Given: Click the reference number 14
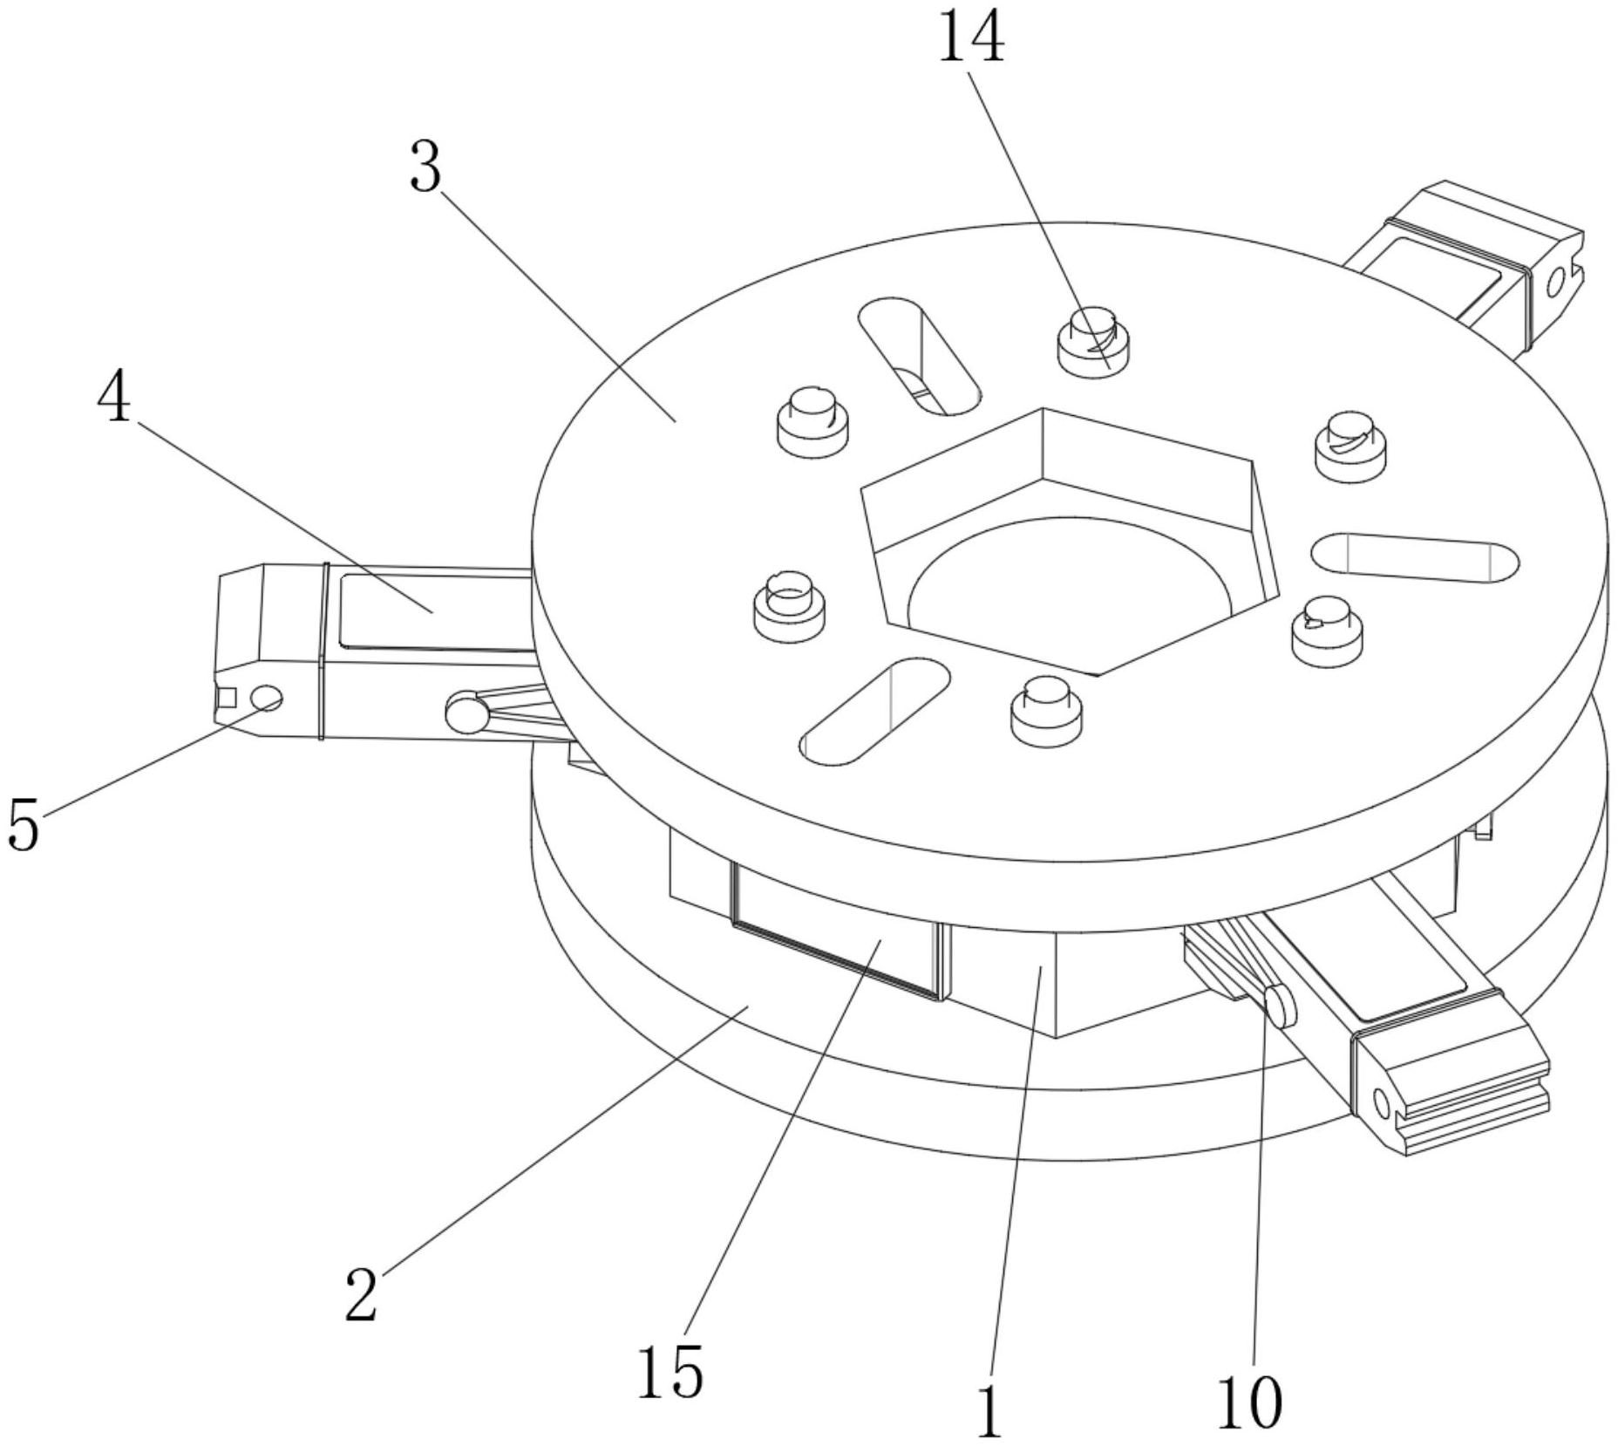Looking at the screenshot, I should coord(970,39).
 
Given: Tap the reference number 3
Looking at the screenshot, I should coord(425,167).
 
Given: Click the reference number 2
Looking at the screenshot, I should coord(360,1294).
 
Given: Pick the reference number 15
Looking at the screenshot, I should coord(670,1371).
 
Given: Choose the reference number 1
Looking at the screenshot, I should coord(989,1412).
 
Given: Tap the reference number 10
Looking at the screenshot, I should coord(1249,1402).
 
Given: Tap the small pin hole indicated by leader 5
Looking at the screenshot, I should coord(266,697).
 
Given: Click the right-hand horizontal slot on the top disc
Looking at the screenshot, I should coord(1414,558).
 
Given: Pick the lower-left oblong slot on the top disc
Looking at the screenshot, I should coord(874,712).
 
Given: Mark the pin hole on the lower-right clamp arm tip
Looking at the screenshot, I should coord(1381,1103).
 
